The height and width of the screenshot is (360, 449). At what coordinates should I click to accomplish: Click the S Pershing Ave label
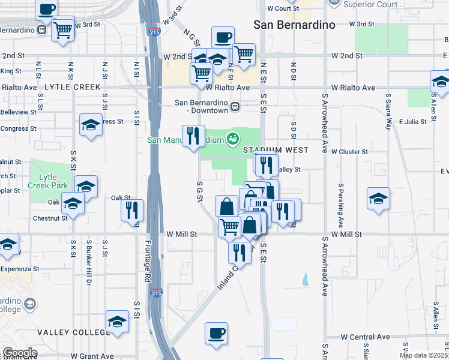click(x=340, y=205)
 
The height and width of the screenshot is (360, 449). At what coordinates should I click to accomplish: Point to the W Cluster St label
click(x=349, y=152)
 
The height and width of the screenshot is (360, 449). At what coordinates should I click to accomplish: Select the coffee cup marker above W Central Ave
click(x=216, y=333)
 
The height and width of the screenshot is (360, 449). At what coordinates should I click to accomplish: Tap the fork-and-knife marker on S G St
click(x=193, y=136)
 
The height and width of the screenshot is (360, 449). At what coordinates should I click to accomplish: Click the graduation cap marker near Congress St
click(x=91, y=125)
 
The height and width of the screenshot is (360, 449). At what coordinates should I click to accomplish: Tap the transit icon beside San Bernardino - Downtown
click(x=235, y=107)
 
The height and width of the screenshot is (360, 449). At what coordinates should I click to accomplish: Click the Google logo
click(x=20, y=353)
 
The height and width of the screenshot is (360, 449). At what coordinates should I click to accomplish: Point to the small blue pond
click(x=306, y=279)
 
